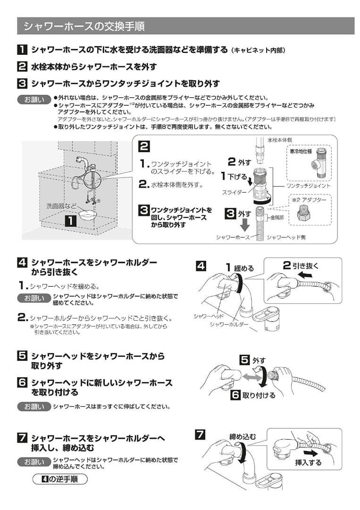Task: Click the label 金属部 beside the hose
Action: [x=277, y=218]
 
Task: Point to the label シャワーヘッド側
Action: [x=286, y=237]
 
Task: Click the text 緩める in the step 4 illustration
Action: [x=244, y=268]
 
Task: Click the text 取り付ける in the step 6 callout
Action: [x=259, y=395]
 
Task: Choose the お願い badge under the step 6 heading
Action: [x=34, y=406]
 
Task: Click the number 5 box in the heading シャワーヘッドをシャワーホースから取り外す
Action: [x=22, y=356]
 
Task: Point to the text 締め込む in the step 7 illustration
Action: [x=243, y=437]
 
